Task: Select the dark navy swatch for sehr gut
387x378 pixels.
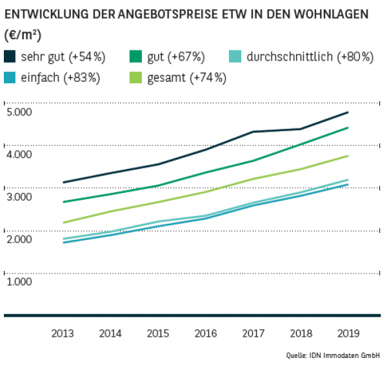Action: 11,57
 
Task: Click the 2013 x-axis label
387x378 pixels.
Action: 63,333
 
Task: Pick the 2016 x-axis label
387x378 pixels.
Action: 205,333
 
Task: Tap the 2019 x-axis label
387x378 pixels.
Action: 348,333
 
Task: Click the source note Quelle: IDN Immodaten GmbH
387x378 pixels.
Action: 333,355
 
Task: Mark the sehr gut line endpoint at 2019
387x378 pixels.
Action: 348,112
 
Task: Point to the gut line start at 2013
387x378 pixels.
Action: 63,202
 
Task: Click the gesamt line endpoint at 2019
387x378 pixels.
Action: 348,156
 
